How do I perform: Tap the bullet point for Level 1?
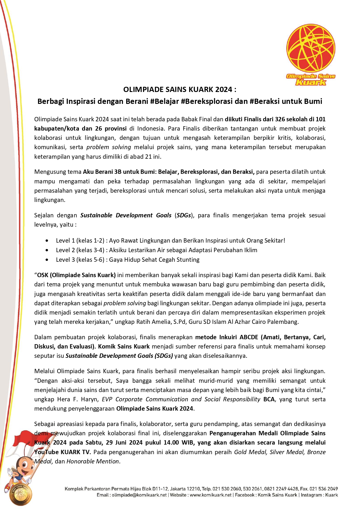pyautogui.click(x=47, y=241)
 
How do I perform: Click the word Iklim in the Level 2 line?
pyautogui.click(x=250, y=250)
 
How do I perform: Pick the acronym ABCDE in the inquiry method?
pyautogui.click(x=249, y=337)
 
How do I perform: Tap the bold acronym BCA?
pyautogui.click(x=269, y=399)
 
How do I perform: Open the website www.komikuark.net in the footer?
pyautogui.click(x=211, y=495)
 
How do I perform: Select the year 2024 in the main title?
pyautogui.click(x=224, y=89)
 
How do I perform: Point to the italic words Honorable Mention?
pyautogui.click(x=93, y=461)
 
